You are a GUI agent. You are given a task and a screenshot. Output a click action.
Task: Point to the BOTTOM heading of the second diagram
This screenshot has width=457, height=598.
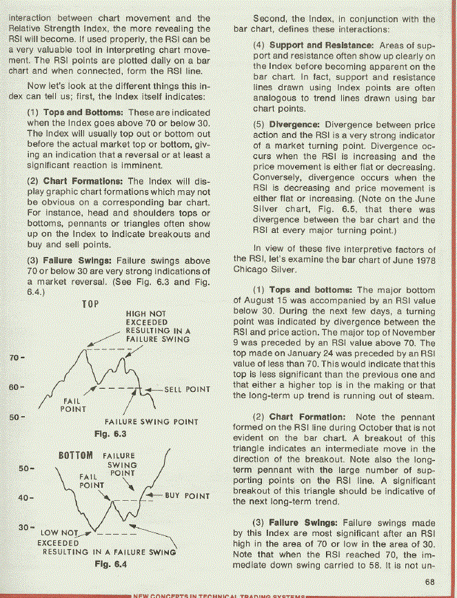[76, 455]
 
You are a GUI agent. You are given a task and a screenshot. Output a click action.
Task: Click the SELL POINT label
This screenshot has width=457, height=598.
[187, 390]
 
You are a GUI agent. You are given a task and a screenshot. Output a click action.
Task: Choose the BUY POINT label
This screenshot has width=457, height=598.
[187, 496]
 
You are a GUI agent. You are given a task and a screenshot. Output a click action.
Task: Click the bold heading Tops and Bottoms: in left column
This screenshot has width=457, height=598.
[84, 112]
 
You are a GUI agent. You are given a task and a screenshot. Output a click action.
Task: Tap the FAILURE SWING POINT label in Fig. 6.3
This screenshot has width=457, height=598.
[151, 422]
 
